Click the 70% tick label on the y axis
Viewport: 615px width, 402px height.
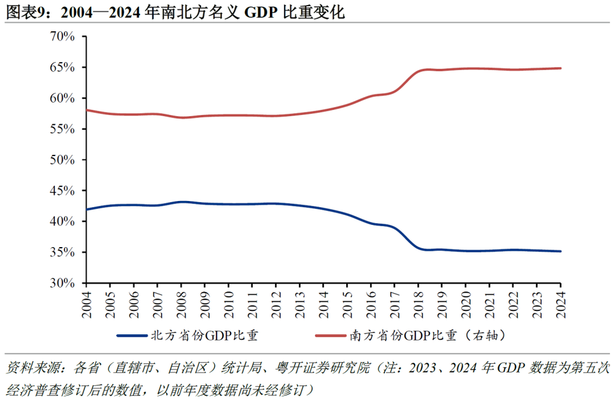click(61, 36)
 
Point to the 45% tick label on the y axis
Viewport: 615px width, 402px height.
click(61, 191)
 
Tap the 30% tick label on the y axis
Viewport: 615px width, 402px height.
click(61, 283)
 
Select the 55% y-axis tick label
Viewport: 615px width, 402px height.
click(61, 129)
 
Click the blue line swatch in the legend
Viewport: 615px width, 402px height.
click(132, 336)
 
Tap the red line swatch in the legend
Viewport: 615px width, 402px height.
click(331, 336)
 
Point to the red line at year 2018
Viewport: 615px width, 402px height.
click(418, 71)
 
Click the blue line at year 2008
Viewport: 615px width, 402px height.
click(181, 202)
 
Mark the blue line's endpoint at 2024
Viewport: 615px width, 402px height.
click(560, 251)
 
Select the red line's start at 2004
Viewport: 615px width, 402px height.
click(87, 110)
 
